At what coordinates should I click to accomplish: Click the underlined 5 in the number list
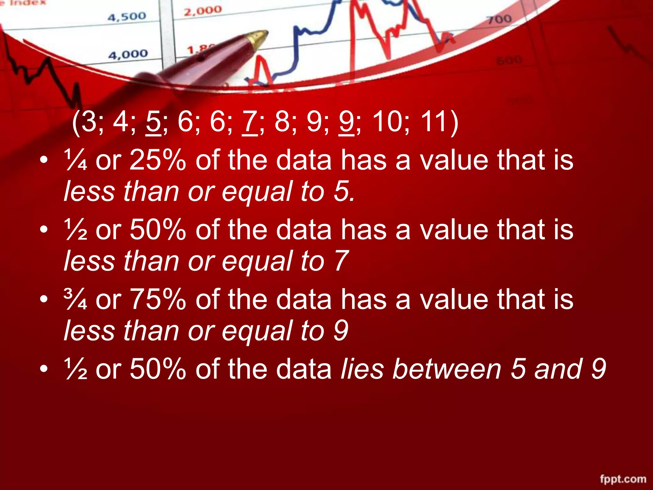tap(153, 122)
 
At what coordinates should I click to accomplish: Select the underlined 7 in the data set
tap(250, 122)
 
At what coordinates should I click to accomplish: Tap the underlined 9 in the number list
tap(346, 122)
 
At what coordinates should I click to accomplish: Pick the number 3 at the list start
tap(89, 122)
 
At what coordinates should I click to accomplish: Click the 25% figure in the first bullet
tap(158, 160)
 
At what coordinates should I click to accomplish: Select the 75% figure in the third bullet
tap(158, 299)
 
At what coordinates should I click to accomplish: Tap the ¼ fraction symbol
tap(76, 160)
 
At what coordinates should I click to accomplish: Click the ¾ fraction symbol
tap(76, 299)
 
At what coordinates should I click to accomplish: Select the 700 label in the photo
tap(500, 19)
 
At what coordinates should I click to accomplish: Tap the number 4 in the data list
tap(121, 122)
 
